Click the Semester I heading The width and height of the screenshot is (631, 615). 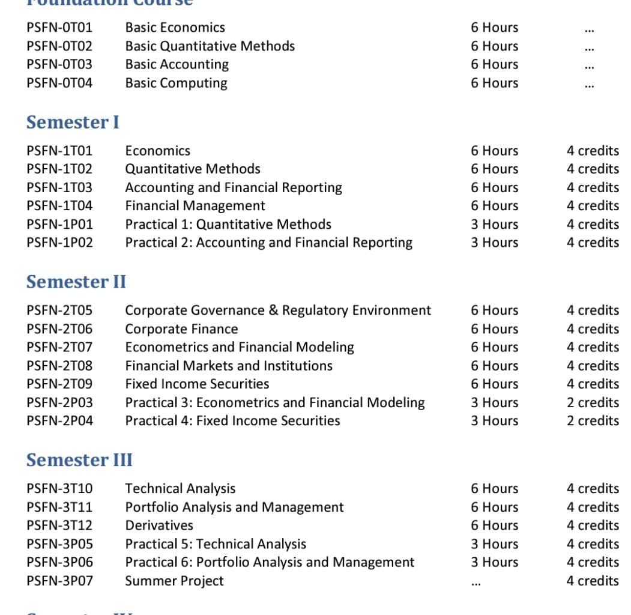pyautogui.click(x=73, y=122)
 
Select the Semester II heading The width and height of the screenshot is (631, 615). pyautogui.click(x=76, y=282)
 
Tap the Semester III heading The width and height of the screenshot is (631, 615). pyautogui.click(x=79, y=460)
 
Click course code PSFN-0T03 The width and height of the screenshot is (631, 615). pyautogui.click(x=59, y=64)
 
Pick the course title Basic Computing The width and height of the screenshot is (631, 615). pyautogui.click(x=176, y=83)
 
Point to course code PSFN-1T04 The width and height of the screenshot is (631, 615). pyautogui.click(x=59, y=205)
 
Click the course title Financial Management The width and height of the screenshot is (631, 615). pyautogui.click(x=195, y=205)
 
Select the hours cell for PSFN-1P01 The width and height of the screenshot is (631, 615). pyautogui.click(x=494, y=224)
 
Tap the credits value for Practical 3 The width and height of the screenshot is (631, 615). pyautogui.click(x=593, y=402)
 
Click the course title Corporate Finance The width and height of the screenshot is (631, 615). pyautogui.click(x=181, y=329)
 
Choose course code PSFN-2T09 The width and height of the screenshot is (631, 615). pyautogui.click(x=59, y=384)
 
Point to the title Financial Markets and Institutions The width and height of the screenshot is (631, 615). pyautogui.click(x=228, y=365)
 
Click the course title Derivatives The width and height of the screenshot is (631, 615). pyautogui.click(x=159, y=525)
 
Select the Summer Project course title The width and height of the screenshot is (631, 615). pyautogui.click(x=174, y=581)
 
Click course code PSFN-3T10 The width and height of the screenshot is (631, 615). pyautogui.click(x=59, y=488)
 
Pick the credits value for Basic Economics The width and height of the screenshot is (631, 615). pyautogui.click(x=589, y=29)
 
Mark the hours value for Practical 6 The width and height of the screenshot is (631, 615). pyautogui.click(x=494, y=562)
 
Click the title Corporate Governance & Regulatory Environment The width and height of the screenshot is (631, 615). pyautogui.click(x=277, y=310)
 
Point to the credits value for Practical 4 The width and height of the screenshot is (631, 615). pyautogui.click(x=593, y=420)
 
